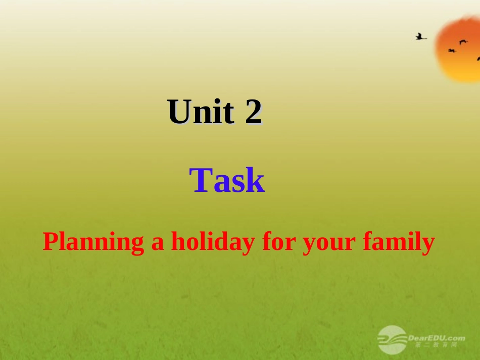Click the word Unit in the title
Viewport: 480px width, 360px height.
[x=201, y=112]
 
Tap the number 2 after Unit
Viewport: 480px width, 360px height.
[x=254, y=112]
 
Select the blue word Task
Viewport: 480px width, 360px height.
[x=227, y=181]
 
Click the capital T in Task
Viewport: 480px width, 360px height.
[x=200, y=181]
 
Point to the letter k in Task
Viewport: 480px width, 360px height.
[x=256, y=181]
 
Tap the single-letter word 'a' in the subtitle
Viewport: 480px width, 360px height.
[x=158, y=243]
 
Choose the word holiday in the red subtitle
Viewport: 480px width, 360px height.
[x=213, y=243]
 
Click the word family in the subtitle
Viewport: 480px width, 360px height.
[x=399, y=243]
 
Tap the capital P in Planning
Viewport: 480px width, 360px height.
[x=49, y=242]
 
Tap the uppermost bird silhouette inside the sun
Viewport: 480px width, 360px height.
[x=463, y=42]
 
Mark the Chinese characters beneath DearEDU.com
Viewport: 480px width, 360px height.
[x=436, y=345]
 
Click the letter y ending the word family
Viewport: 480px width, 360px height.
[x=429, y=245]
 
